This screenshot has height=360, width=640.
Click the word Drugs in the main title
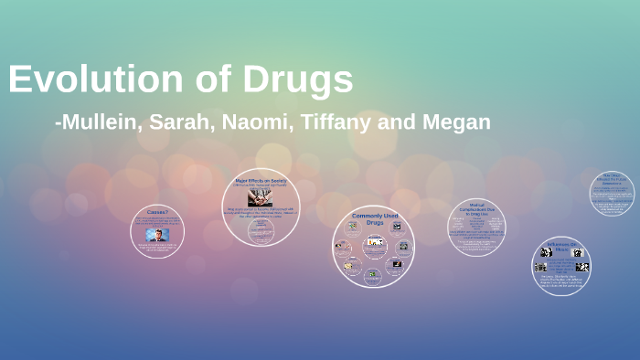(x=298, y=79)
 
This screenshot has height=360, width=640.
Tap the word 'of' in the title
(x=211, y=79)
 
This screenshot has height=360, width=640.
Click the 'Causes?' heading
(x=156, y=212)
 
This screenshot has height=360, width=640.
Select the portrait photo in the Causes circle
(x=156, y=235)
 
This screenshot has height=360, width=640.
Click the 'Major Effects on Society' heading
(x=261, y=181)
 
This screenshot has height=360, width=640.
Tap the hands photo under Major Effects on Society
(x=261, y=196)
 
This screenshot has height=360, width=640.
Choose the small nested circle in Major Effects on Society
(x=261, y=230)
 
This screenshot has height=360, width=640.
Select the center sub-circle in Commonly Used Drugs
(x=373, y=242)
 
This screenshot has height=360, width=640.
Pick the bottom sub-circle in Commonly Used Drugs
(x=372, y=274)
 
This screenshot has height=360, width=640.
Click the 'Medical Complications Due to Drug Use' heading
(x=476, y=210)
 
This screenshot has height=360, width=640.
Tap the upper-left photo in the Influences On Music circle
(x=546, y=252)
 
